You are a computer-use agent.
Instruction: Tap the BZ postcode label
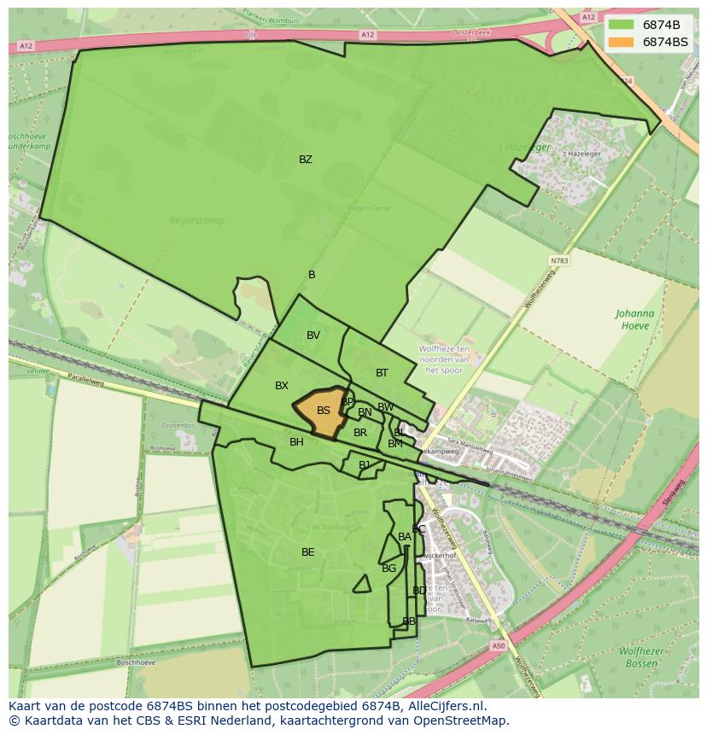pos(306,160)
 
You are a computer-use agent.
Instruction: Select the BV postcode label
pos(313,335)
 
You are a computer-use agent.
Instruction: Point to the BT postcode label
pos(382,373)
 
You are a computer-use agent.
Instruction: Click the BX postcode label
pos(282,386)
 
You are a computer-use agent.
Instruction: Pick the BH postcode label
pos(296,442)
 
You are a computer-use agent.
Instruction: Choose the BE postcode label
pos(308,552)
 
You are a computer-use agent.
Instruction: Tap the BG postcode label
pos(389,569)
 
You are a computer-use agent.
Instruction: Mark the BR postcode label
pos(360,433)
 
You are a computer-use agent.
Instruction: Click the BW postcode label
pos(386,407)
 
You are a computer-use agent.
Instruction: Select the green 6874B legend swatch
pos(621,25)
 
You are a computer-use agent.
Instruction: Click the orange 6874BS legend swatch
pos(621,42)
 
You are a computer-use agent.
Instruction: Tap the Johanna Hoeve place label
pos(634,319)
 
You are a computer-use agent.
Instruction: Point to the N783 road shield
pos(559,261)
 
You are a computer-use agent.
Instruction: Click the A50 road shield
pos(499,646)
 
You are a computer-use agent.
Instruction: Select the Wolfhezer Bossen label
pos(641,656)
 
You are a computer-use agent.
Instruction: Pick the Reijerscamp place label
pos(197,220)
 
